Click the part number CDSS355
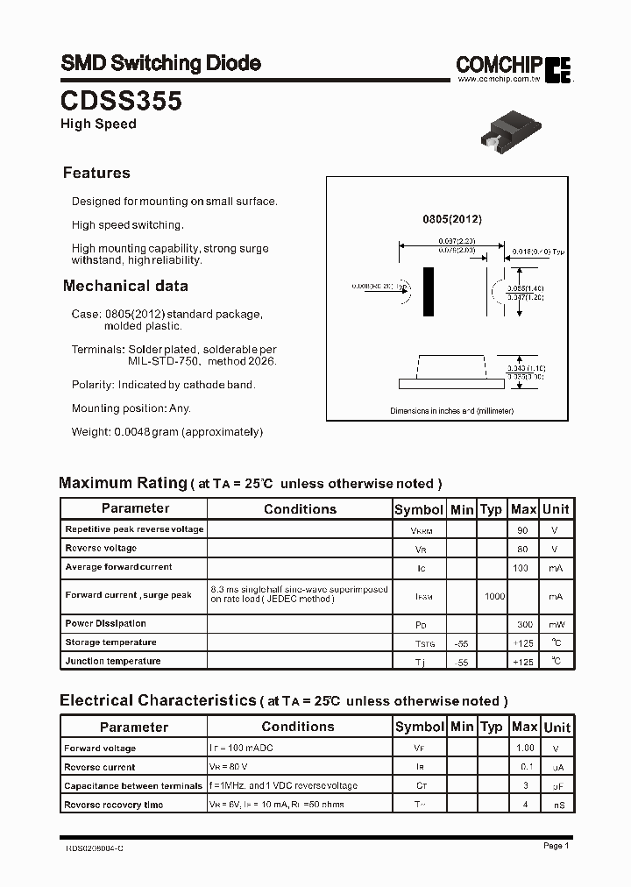(x=121, y=101)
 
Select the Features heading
(x=96, y=173)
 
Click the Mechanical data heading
(x=125, y=286)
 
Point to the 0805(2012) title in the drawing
(x=451, y=218)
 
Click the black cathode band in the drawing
(x=429, y=291)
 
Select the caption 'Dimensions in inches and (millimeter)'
(x=451, y=411)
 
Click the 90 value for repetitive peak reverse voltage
(x=523, y=530)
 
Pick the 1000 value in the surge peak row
(x=494, y=596)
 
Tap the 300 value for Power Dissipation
(x=523, y=624)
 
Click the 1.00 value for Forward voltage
(x=524, y=749)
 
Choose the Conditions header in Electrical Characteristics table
(x=298, y=727)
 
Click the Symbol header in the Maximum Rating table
(x=419, y=509)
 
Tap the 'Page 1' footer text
(x=556, y=846)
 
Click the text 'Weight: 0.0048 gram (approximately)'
(x=167, y=431)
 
